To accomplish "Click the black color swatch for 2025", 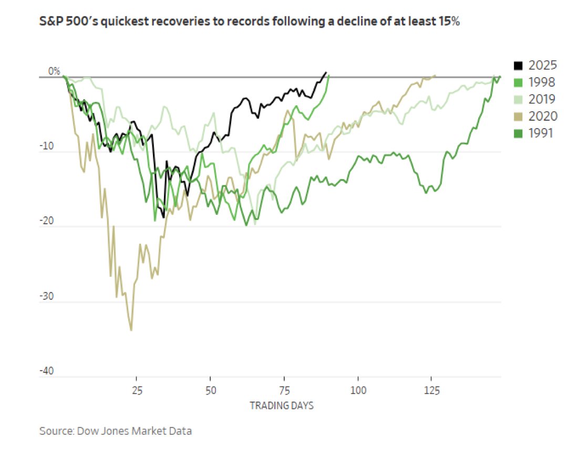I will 518,66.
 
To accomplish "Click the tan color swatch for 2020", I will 518,116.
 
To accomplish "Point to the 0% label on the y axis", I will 54,71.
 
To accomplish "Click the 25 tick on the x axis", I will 137,390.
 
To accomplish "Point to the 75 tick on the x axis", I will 284,390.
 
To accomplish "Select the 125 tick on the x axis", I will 432,390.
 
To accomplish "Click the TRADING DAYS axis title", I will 282,405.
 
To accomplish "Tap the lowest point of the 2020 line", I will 131,330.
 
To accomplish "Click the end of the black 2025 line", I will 326,72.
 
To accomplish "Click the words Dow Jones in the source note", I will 97,432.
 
